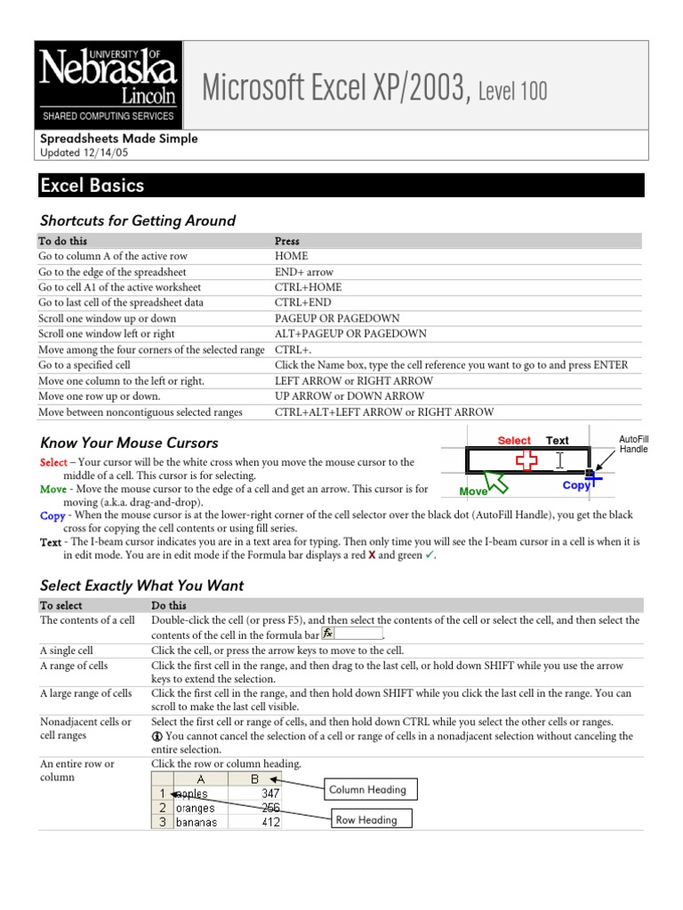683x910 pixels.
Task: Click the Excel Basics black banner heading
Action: pos(92,186)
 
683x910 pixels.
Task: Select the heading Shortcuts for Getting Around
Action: pos(138,221)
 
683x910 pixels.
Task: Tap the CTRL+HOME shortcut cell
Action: pos(308,287)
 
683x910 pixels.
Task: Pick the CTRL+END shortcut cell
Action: pos(303,303)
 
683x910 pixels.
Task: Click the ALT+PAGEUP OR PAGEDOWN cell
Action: pos(350,334)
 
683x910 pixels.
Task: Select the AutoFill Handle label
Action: pos(634,443)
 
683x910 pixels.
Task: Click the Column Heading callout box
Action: pos(367,789)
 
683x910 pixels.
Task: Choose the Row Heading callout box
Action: pos(366,820)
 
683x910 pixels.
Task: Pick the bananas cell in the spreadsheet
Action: pos(196,822)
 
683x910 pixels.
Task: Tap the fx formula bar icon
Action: pos(328,634)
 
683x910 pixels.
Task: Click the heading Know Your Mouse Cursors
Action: pos(129,443)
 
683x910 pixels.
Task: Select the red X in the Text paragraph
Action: pos(372,555)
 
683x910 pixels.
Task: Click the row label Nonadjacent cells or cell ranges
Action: pos(85,729)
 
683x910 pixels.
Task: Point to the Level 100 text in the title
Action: pos(513,90)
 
